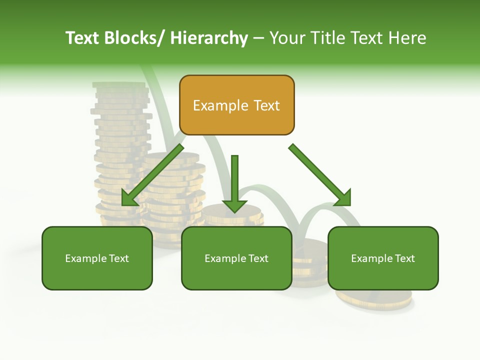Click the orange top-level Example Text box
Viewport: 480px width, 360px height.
click(236, 105)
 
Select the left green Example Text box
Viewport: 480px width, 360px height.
click(97, 258)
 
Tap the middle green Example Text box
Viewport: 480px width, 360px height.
click(236, 258)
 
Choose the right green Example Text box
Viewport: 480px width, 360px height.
click(383, 258)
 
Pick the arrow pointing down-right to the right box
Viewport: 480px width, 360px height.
click(317, 172)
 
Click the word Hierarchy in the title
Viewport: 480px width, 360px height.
click(209, 38)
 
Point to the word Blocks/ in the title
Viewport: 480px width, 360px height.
click(136, 38)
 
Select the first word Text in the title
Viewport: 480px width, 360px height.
click(83, 38)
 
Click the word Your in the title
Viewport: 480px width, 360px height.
click(286, 38)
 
